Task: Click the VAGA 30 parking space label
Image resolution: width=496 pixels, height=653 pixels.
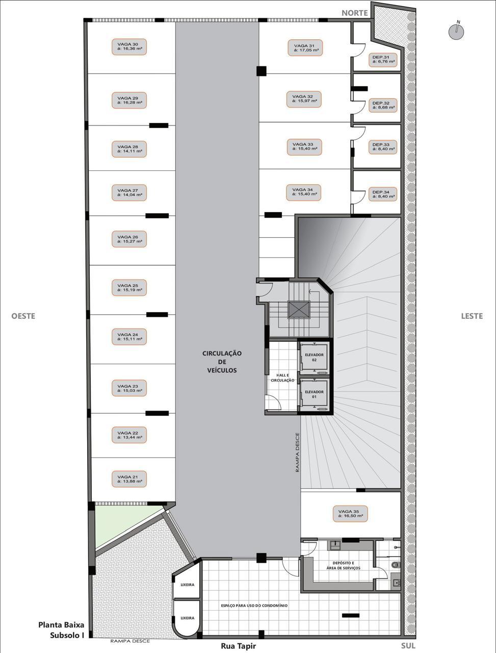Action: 129,47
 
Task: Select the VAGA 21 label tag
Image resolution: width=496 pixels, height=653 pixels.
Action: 129,479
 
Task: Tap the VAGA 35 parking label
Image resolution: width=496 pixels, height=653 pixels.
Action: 350,514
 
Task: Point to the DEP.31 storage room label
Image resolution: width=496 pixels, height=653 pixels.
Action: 383,60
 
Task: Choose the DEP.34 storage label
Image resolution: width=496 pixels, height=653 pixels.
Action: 383,194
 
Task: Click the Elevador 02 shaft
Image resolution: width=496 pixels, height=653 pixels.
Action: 315,358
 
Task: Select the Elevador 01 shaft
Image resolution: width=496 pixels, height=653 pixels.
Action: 315,394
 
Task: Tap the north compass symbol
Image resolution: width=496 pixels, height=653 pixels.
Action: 456,32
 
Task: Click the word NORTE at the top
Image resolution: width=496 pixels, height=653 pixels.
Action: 354,13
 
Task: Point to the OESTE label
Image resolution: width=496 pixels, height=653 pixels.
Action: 23,316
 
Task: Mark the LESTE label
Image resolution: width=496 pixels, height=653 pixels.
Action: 472,316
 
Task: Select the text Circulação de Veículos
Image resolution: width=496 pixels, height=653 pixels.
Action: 222,362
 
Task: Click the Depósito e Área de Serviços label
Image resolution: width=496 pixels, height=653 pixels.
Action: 343,566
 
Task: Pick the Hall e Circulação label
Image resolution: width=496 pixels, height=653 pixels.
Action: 282,378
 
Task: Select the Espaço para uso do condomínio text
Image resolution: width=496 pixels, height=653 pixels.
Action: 254,606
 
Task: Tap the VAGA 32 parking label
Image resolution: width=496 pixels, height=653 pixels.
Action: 304,99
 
